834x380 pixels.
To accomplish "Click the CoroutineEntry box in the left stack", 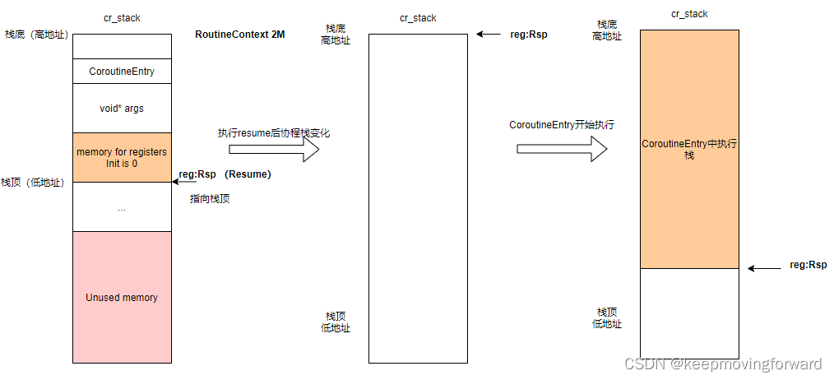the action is [x=122, y=72].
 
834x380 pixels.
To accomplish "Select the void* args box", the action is [x=122, y=108].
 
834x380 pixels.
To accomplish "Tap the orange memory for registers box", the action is [x=122, y=157].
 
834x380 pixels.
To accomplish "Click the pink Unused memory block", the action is [x=122, y=297].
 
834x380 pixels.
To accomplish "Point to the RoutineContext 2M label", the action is [x=240, y=35].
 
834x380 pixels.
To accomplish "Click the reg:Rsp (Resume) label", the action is [x=225, y=174].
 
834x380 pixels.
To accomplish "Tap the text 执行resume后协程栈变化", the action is [x=274, y=132].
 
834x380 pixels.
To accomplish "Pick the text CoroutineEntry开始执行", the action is [x=562, y=125].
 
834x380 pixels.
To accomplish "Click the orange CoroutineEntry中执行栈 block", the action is [x=689, y=149].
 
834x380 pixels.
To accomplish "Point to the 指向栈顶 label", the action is [x=210, y=198].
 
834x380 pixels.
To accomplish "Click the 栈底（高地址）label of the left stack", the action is [x=36, y=35].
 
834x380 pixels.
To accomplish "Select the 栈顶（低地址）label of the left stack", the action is [x=33, y=183].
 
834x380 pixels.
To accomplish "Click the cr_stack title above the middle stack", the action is [x=418, y=18].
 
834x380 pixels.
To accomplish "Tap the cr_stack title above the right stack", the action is [x=689, y=14].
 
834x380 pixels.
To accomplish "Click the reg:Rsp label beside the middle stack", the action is [x=529, y=35].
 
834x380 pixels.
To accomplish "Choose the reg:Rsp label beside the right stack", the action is [x=808, y=265].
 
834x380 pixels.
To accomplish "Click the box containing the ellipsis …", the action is [x=122, y=207].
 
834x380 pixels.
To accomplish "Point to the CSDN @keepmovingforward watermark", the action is [x=723, y=364].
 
